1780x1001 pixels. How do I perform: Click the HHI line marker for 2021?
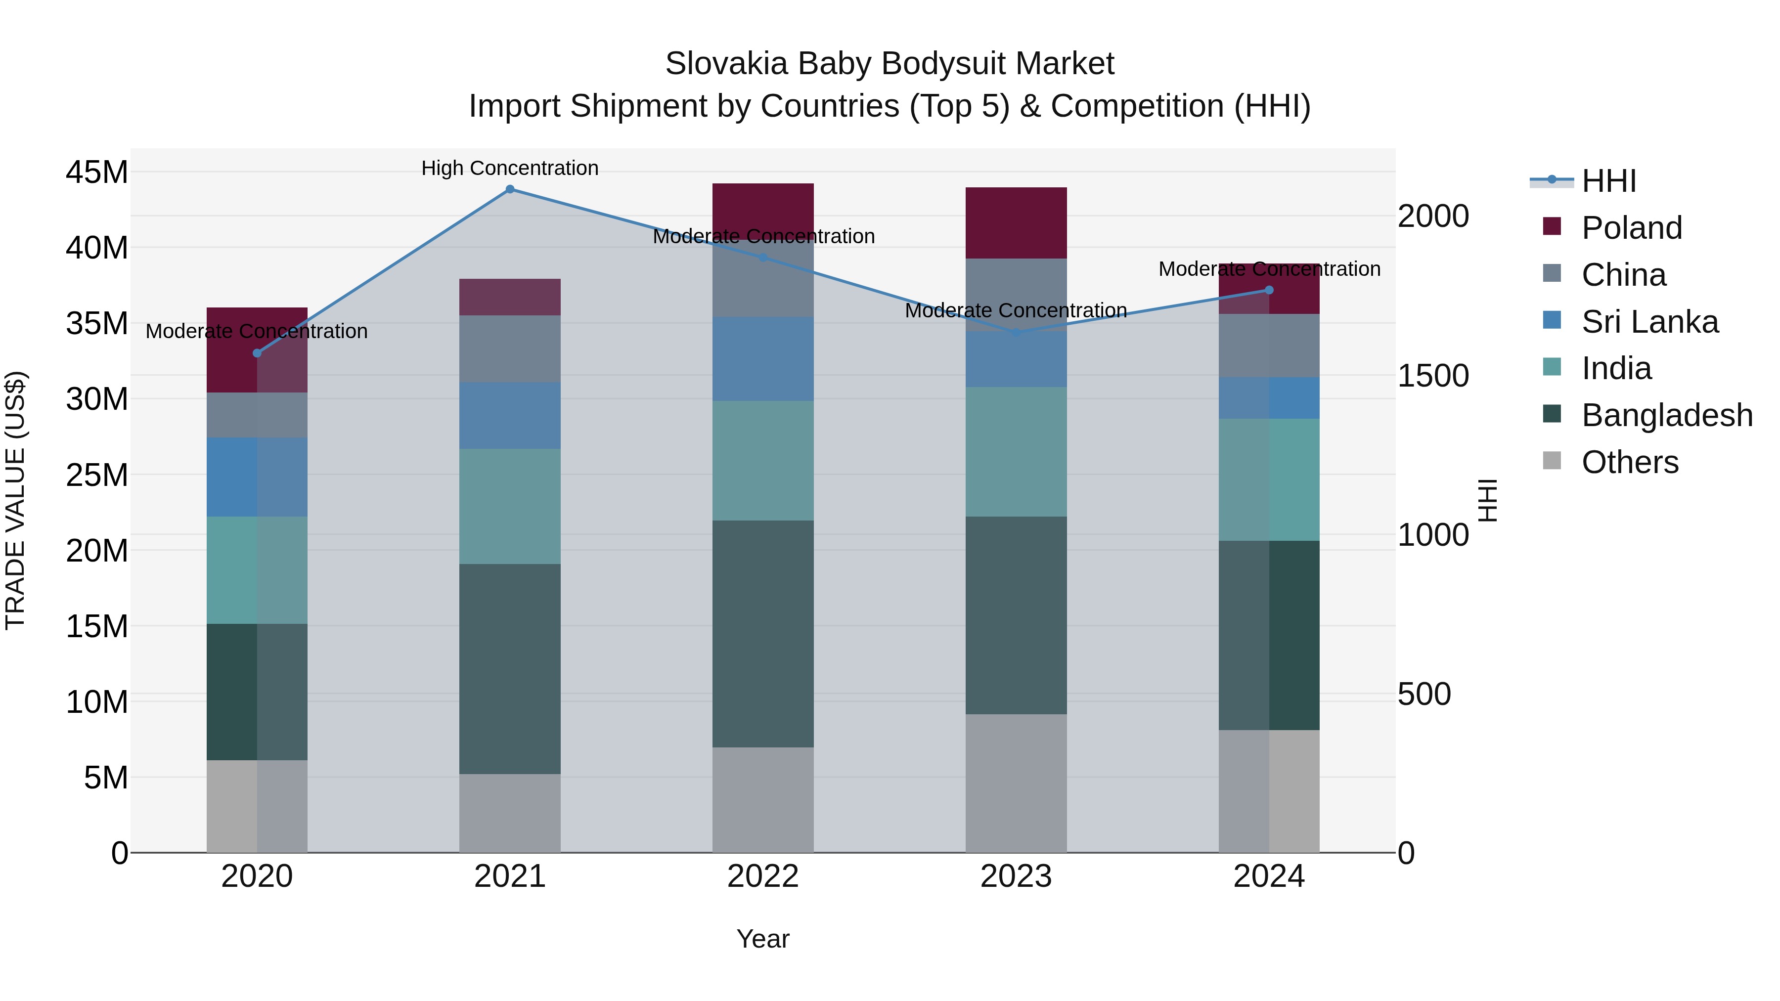[510, 189]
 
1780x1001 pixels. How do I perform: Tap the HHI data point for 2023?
[1016, 333]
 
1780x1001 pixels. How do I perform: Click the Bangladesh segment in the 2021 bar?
[510, 669]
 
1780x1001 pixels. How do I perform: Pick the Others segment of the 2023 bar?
[1016, 783]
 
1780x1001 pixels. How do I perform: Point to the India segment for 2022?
[763, 461]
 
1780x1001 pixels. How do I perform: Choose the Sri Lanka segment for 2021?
[510, 416]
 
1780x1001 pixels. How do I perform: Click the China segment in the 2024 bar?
[1269, 346]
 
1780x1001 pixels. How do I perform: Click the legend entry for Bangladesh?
[1667, 415]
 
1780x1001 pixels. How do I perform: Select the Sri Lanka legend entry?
[1649, 322]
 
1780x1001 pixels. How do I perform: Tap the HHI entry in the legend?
[1608, 181]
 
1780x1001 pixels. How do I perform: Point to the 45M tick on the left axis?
[97, 172]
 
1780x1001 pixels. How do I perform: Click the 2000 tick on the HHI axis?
[1433, 216]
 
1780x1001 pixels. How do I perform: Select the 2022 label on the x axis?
[763, 876]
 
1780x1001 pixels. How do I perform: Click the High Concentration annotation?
[510, 168]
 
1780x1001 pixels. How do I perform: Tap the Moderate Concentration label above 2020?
[256, 332]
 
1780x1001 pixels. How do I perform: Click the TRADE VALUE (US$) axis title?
[15, 500]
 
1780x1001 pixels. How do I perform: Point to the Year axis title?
[763, 939]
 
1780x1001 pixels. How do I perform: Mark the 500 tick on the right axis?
[1424, 695]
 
